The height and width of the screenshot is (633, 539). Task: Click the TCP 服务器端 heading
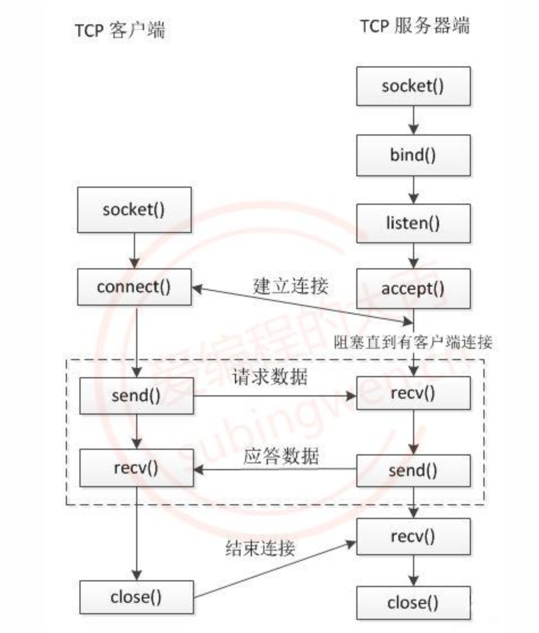tap(414, 27)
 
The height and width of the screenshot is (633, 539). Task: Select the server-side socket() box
tap(413, 86)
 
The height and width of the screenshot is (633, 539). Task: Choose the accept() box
tap(413, 289)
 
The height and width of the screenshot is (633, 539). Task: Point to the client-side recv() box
tap(136, 469)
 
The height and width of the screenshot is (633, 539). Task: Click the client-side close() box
tap(136, 597)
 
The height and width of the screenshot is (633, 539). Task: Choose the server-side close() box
tap(413, 603)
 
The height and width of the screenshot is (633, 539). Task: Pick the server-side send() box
tap(413, 470)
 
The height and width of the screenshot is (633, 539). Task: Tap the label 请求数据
tap(270, 376)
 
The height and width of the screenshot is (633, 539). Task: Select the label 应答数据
tap(281, 457)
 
